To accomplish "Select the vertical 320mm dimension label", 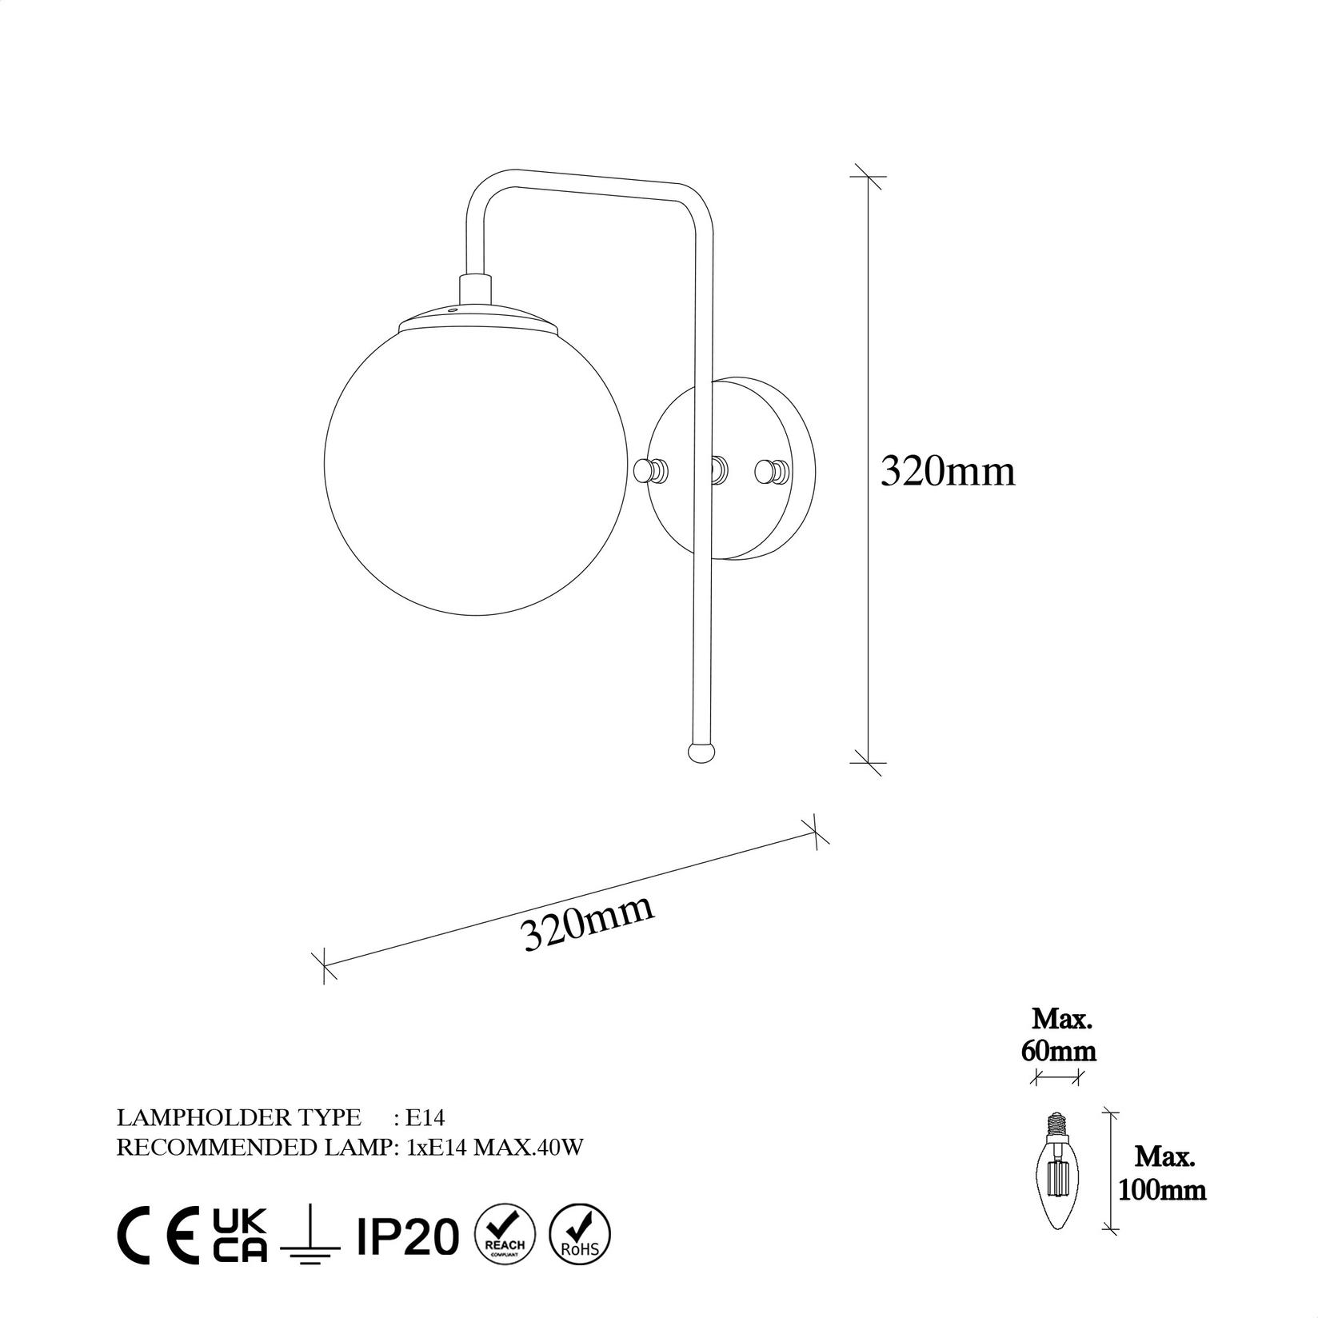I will pyautogui.click(x=948, y=472).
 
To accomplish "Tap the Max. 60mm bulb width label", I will pyautogui.click(x=1058, y=1036).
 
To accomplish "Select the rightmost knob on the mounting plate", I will pyautogui.click(x=772, y=471).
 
